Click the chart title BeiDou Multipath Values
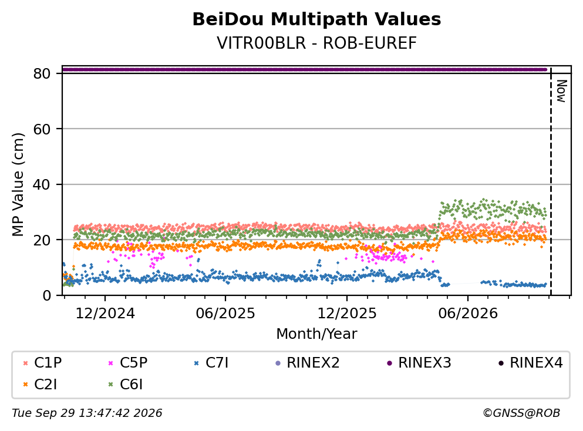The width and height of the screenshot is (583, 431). pyautogui.click(x=316, y=19)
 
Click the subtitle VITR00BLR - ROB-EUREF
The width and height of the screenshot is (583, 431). pyautogui.click(x=316, y=43)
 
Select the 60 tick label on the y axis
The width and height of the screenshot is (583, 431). pyautogui.click(x=42, y=129)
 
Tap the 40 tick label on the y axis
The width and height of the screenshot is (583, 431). pyautogui.click(x=42, y=184)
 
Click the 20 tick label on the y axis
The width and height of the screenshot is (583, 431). pyautogui.click(x=42, y=240)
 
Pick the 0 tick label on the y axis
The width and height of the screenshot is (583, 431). pyautogui.click(x=46, y=295)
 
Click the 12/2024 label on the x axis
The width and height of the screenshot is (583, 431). pyautogui.click(x=105, y=314)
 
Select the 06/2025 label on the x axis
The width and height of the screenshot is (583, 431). pyautogui.click(x=225, y=314)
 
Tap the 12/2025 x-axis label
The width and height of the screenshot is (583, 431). pyautogui.click(x=347, y=314)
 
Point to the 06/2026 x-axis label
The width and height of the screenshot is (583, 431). pyautogui.click(x=468, y=314)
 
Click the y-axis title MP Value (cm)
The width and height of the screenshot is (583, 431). pyautogui.click(x=18, y=184)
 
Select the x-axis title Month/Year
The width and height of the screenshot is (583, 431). pyautogui.click(x=316, y=334)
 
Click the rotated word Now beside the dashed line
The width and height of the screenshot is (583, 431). pyautogui.click(x=561, y=91)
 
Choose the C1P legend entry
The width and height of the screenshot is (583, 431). pyautogui.click(x=42, y=362)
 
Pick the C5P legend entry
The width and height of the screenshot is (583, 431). pyautogui.click(x=128, y=362)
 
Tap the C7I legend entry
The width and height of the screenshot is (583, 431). pyautogui.click(x=211, y=362)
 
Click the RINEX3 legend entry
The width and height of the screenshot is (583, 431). pyautogui.click(x=419, y=362)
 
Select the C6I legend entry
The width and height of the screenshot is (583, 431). pyautogui.click(x=126, y=385)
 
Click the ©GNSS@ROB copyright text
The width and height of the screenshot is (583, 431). pyautogui.click(x=521, y=413)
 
